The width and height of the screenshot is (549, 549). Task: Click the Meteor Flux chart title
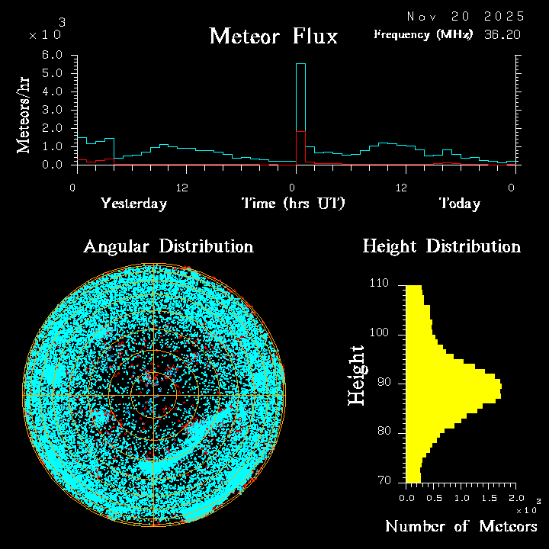click(x=273, y=36)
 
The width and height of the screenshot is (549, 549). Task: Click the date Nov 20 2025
click(x=465, y=16)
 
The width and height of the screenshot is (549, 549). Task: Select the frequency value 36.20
click(x=502, y=34)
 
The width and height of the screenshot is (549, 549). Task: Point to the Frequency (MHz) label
click(x=423, y=34)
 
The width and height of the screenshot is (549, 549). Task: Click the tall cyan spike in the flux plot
click(x=300, y=99)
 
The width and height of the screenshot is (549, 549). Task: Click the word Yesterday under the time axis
click(x=133, y=204)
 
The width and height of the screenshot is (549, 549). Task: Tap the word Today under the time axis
click(x=459, y=204)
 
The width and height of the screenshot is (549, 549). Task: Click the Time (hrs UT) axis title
click(x=294, y=204)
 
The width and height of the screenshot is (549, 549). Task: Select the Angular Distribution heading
click(x=168, y=247)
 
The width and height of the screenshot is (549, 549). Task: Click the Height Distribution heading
click(x=441, y=247)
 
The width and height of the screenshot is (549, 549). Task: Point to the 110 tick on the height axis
click(x=379, y=284)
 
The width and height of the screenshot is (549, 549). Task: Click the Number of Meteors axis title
click(x=461, y=527)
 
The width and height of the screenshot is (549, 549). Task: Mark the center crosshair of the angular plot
click(x=154, y=396)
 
